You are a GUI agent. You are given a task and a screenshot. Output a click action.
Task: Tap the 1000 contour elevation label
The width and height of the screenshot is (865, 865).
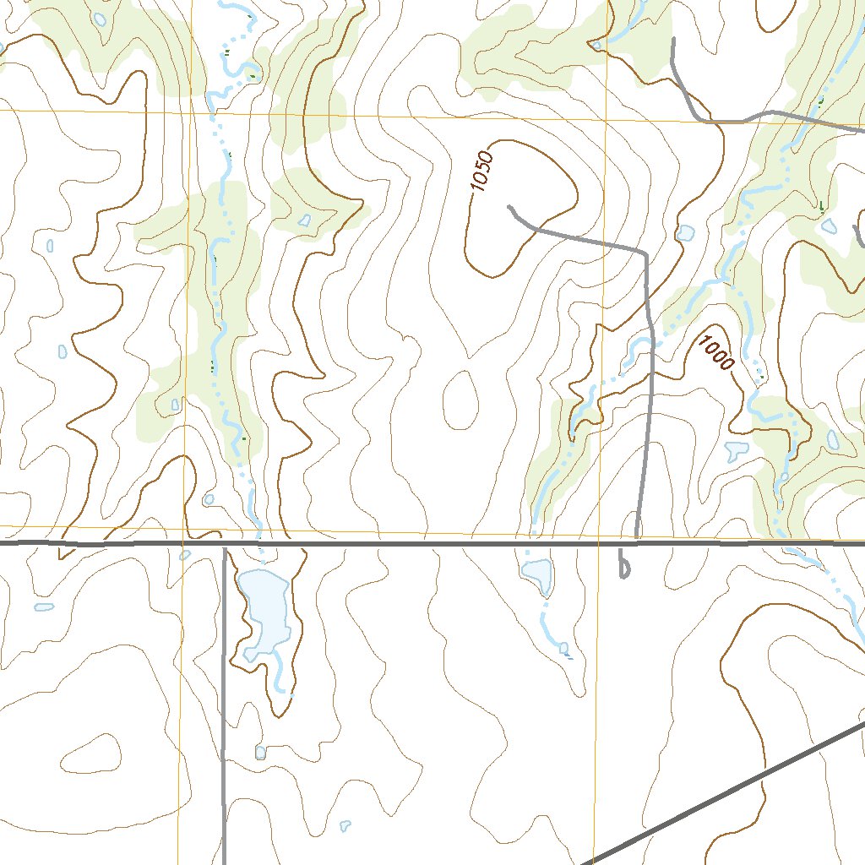click(715, 351)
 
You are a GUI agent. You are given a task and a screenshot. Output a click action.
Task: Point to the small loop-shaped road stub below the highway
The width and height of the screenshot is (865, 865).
click(623, 566)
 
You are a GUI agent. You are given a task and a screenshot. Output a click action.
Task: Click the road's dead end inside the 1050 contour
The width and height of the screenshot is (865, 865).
click(509, 205)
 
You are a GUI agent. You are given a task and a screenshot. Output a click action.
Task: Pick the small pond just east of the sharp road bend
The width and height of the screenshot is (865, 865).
click(686, 232)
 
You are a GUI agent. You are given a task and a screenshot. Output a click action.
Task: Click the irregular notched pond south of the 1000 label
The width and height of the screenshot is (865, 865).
click(737, 449)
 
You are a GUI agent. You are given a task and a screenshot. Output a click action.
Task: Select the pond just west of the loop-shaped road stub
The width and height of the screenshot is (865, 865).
click(537, 572)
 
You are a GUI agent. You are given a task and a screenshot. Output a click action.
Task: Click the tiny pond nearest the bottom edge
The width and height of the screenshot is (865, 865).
click(345, 824)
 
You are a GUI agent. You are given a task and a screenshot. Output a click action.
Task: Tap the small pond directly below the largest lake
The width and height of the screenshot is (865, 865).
click(260, 751)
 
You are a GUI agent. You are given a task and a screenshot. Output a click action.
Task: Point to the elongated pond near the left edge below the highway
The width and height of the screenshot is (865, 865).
click(44, 607)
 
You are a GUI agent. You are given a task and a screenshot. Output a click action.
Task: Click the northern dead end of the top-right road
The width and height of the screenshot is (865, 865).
click(672, 39)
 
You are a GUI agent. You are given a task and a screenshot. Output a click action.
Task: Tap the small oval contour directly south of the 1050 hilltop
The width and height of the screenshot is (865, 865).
click(460, 397)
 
